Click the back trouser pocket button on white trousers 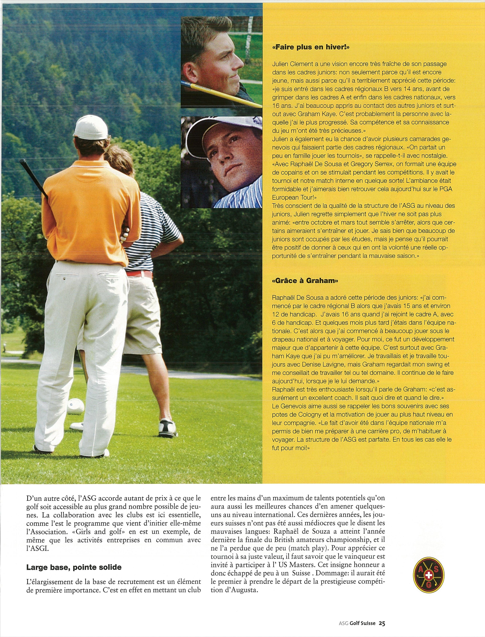64,279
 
